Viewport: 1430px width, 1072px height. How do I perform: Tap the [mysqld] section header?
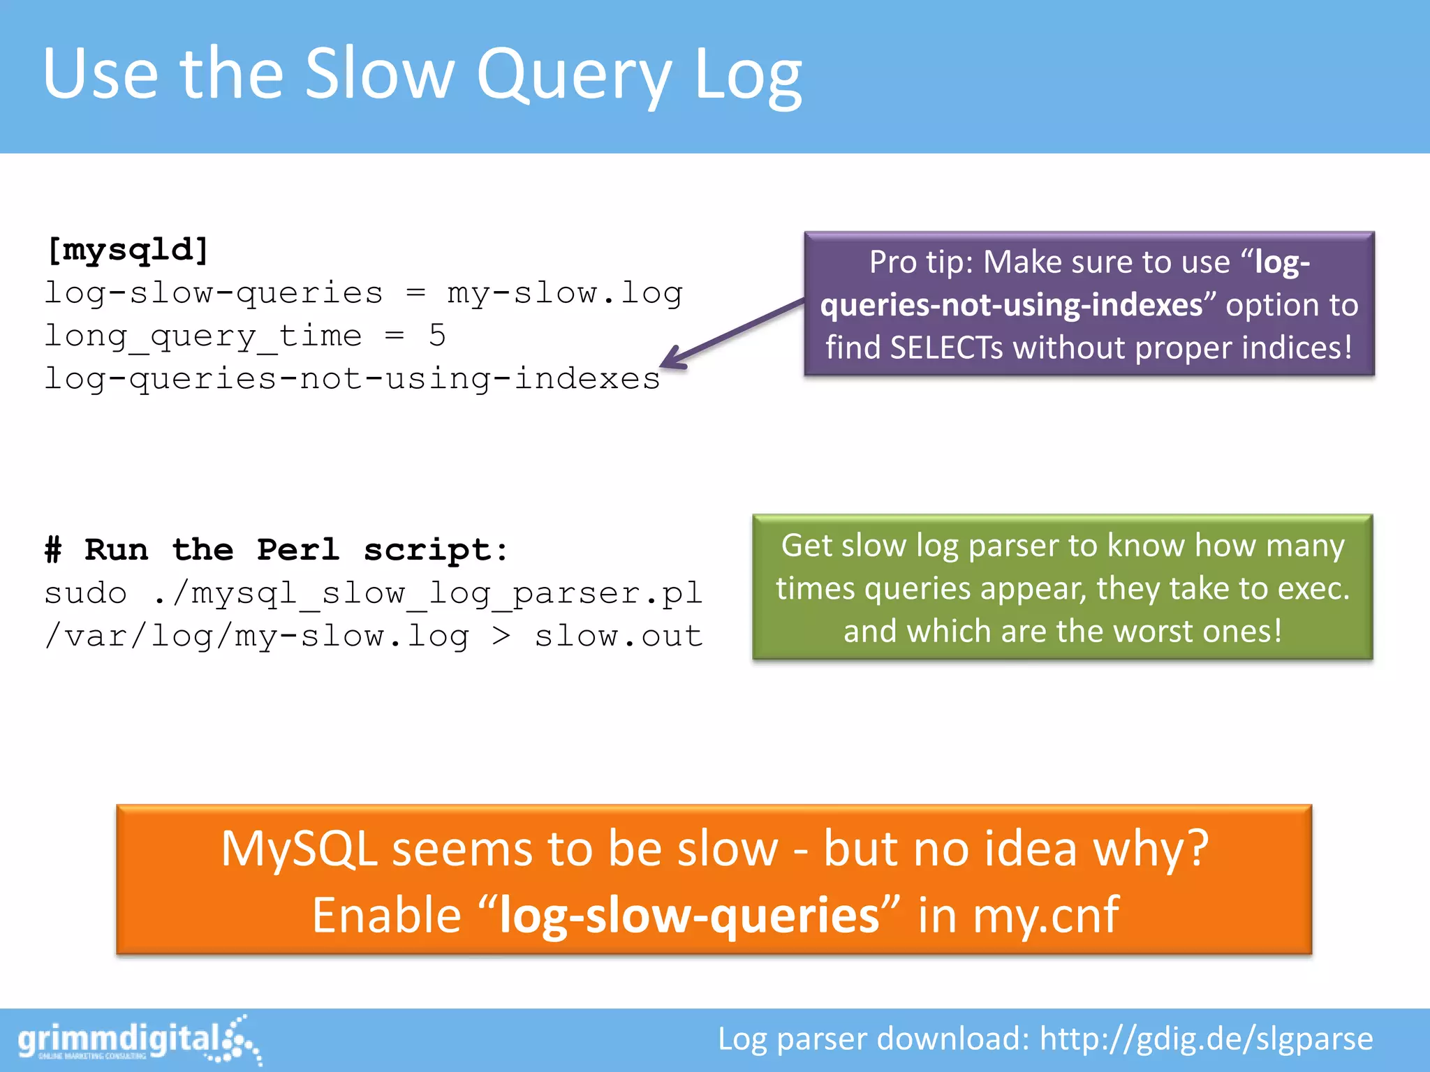127,250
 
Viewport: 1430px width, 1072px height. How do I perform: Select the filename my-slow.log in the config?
564,293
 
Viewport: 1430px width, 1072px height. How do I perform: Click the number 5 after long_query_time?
437,336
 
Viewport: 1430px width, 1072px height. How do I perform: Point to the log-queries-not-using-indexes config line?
352,379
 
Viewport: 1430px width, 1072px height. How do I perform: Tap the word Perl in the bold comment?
298,550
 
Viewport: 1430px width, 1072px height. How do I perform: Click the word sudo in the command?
85,593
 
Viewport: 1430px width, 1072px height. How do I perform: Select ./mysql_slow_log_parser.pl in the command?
427,593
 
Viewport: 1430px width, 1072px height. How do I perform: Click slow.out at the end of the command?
619,636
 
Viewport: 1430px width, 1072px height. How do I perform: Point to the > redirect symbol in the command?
501,636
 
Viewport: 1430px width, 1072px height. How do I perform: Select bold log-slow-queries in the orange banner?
689,916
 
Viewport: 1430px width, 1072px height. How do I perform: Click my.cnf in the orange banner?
1045,916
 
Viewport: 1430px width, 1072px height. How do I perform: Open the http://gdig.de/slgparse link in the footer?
1206,1039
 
